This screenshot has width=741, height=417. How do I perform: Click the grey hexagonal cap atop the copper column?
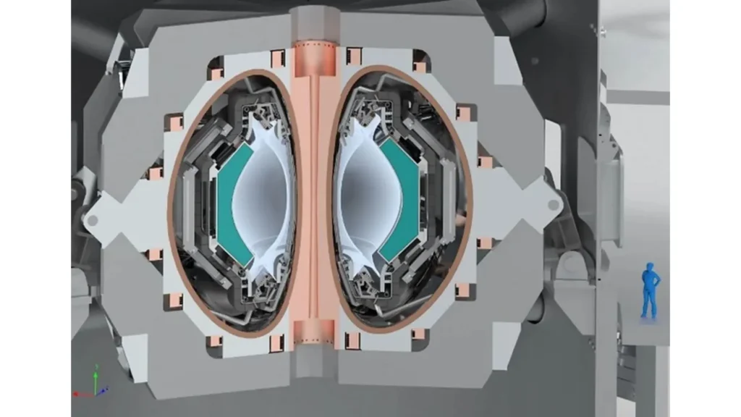[x=314, y=19]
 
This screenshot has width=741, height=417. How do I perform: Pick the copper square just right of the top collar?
[x=354, y=55]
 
